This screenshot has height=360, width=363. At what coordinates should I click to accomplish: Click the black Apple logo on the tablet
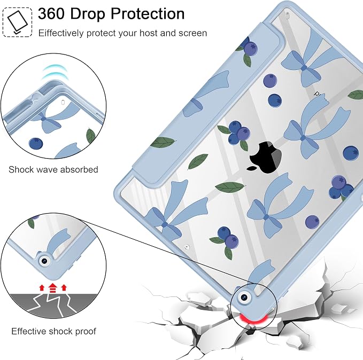(266, 158)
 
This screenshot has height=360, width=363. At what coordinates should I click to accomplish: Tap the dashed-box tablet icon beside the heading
(17, 22)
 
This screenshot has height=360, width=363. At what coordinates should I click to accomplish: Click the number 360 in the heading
(51, 13)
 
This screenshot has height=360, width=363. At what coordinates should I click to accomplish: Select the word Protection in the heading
(148, 13)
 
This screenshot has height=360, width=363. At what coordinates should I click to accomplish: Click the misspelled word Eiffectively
(61, 33)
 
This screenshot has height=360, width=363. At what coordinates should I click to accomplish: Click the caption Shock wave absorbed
(53, 170)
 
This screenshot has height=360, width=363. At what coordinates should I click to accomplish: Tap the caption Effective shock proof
(53, 331)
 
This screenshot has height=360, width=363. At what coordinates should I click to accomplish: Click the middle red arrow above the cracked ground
(53, 288)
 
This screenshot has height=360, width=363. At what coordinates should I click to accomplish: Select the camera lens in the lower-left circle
(44, 261)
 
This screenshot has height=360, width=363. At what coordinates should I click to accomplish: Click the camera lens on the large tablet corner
(244, 298)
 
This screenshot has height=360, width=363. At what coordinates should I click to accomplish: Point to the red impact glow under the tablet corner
(253, 318)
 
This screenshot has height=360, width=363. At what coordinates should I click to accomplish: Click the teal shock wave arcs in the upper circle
(54, 72)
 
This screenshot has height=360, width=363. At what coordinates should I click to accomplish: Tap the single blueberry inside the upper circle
(36, 144)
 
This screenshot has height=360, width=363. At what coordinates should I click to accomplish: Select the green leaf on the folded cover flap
(163, 142)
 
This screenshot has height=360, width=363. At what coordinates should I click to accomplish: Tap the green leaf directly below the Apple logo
(230, 187)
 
